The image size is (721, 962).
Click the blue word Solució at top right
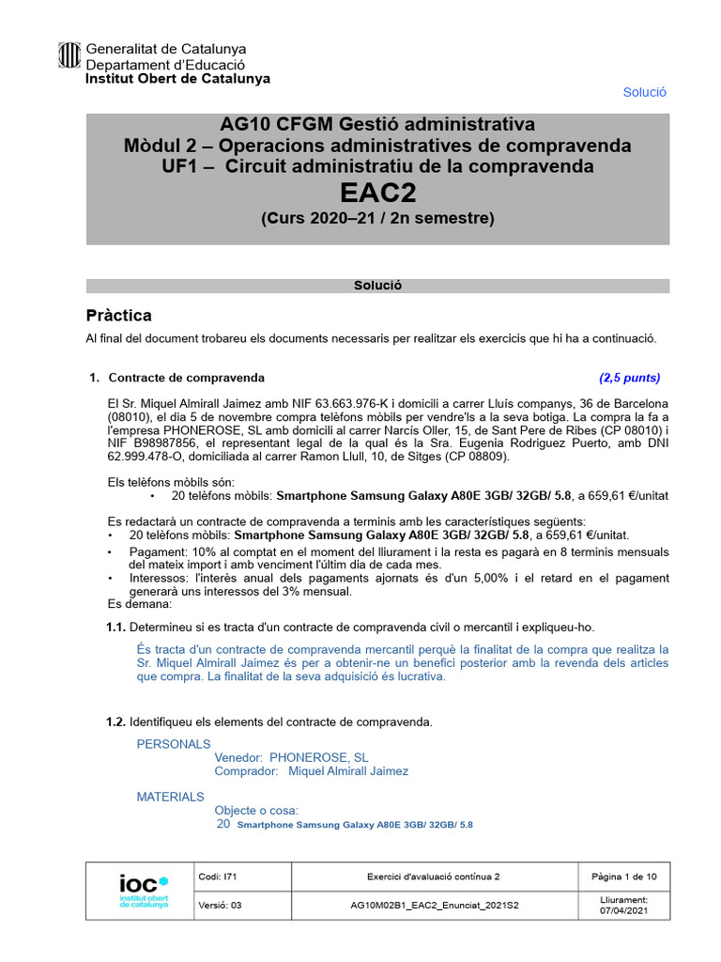pyautogui.click(x=644, y=92)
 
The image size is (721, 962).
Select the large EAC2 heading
pyautogui.click(x=377, y=193)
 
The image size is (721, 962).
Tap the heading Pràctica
pyautogui.click(x=118, y=316)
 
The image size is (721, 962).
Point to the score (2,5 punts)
pyautogui.click(x=629, y=379)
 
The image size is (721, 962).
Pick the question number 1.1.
pyautogui.click(x=115, y=627)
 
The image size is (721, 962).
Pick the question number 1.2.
pyautogui.click(x=115, y=721)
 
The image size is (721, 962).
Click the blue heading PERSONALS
pyautogui.click(x=174, y=744)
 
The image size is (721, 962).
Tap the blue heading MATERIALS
pyautogui.click(x=170, y=797)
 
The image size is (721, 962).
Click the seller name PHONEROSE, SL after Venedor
pyautogui.click(x=318, y=757)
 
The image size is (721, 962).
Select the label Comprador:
pyautogui.click(x=246, y=771)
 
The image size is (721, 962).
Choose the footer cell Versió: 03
pyautogui.click(x=220, y=906)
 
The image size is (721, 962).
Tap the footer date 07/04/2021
pyautogui.click(x=623, y=911)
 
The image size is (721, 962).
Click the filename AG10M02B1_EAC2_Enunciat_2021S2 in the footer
pyautogui.click(x=433, y=906)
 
